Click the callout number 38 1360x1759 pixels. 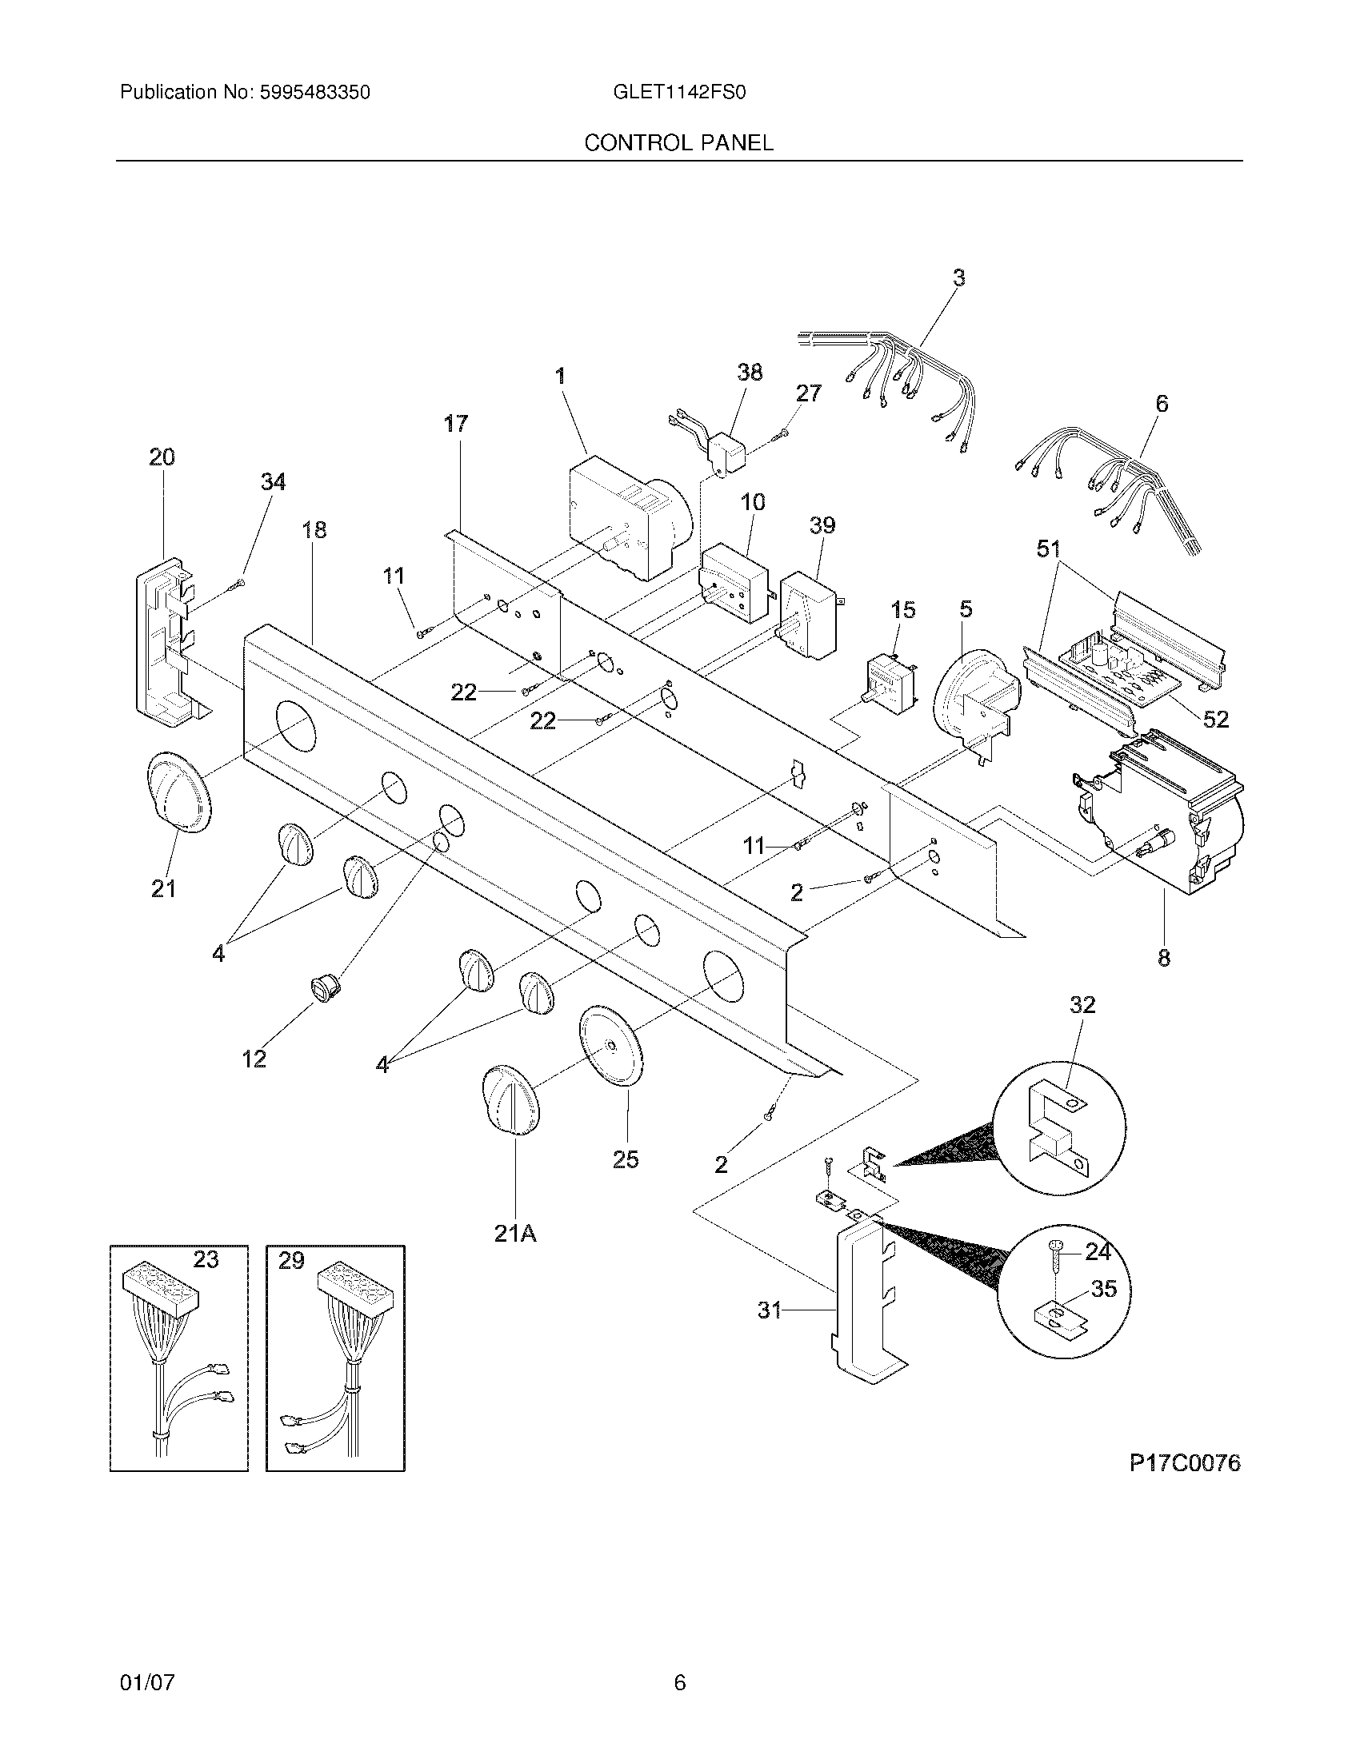[750, 372]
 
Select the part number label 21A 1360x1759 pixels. [516, 1254]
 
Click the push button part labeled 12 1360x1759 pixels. [326, 987]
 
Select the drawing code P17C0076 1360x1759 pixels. [1183, 1462]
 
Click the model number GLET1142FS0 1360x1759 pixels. [679, 93]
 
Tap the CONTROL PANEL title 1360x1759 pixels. [678, 142]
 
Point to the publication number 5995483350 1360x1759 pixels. [314, 93]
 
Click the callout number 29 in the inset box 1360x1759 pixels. [291, 1261]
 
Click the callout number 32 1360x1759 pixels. [1083, 1004]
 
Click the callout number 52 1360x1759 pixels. [1215, 719]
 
